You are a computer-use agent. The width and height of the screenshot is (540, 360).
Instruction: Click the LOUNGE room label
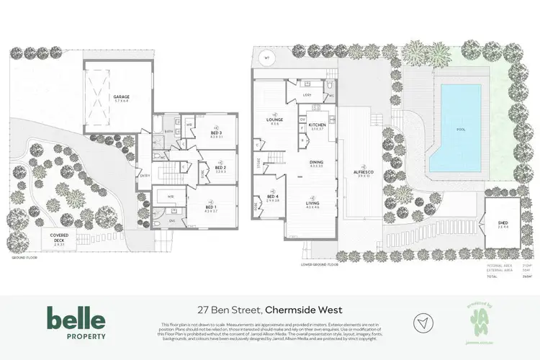pos(274,120)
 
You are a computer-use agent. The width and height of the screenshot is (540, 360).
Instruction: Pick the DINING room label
pos(316,162)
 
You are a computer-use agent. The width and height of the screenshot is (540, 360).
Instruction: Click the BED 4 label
pos(273,197)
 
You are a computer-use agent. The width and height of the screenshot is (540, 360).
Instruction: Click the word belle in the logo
pos(76,318)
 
